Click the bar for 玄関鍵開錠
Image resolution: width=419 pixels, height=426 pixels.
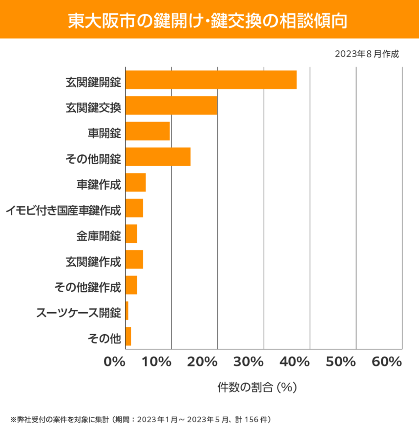pyautogui.click(x=211, y=80)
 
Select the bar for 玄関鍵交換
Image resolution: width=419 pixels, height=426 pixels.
pyautogui.click(x=171, y=106)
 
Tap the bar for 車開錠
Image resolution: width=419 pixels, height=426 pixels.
pyautogui.click(x=147, y=131)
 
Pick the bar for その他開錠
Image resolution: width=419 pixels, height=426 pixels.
pyautogui.click(x=158, y=157)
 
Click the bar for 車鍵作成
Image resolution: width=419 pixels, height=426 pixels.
pyautogui.click(x=136, y=182)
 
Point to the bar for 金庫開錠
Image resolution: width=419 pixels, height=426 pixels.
pyautogui.click(x=131, y=234)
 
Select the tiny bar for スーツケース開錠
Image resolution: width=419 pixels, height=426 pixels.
pyautogui.click(x=127, y=311)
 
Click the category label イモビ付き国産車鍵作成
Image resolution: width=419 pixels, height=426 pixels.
pyautogui.click(x=63, y=211)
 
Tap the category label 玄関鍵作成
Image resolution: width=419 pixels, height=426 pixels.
pyautogui.click(x=93, y=262)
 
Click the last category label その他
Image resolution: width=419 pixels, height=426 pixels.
pyautogui.click(x=104, y=338)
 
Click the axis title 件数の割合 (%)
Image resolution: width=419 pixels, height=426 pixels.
pyautogui.click(x=257, y=387)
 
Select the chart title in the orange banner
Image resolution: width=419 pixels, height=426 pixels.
pyautogui.click(x=209, y=20)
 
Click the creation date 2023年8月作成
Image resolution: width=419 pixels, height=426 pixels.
pyautogui.click(x=367, y=54)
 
